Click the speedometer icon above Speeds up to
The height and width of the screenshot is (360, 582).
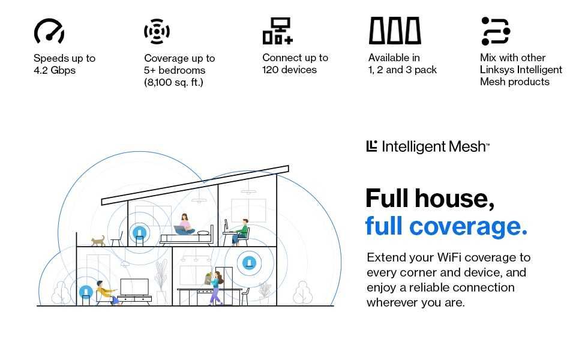click(49, 31)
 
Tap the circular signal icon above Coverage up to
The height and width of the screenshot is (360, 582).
click(157, 31)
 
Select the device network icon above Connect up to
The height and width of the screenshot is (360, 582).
click(278, 31)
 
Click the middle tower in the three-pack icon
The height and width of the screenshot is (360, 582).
click(395, 31)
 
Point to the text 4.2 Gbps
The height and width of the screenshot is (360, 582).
click(55, 70)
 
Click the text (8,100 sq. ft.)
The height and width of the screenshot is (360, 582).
click(174, 82)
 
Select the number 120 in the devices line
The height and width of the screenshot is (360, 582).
click(270, 70)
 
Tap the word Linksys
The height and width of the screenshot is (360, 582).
click(497, 70)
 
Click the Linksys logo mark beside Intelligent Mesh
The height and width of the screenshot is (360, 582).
click(371, 146)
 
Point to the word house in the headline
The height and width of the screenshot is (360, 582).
click(454, 198)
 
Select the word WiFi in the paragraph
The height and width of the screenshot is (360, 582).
click(449, 257)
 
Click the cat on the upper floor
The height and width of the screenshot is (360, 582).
click(98, 241)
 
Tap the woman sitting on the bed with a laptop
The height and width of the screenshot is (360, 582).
click(184, 224)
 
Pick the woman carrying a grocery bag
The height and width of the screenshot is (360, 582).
click(214, 287)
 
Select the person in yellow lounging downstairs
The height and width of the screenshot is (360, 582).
click(106, 293)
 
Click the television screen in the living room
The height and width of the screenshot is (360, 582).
click(134, 287)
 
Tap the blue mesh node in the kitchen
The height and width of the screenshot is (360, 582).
click(249, 263)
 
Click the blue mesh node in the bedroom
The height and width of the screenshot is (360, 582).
click(139, 233)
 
